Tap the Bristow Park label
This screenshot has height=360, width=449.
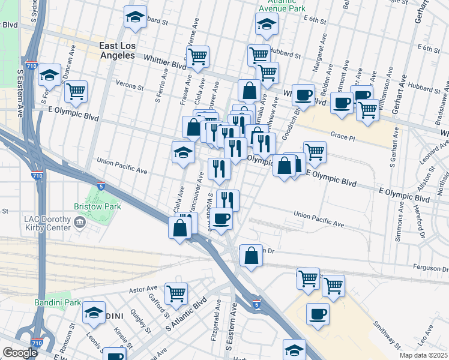click(97, 206)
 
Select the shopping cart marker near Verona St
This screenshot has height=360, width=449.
click(76, 91)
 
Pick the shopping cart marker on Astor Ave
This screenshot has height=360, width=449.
click(176, 293)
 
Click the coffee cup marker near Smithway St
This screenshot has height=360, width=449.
click(318, 313)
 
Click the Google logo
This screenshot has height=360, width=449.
click(20, 353)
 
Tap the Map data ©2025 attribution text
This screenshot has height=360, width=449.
click(423, 355)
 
